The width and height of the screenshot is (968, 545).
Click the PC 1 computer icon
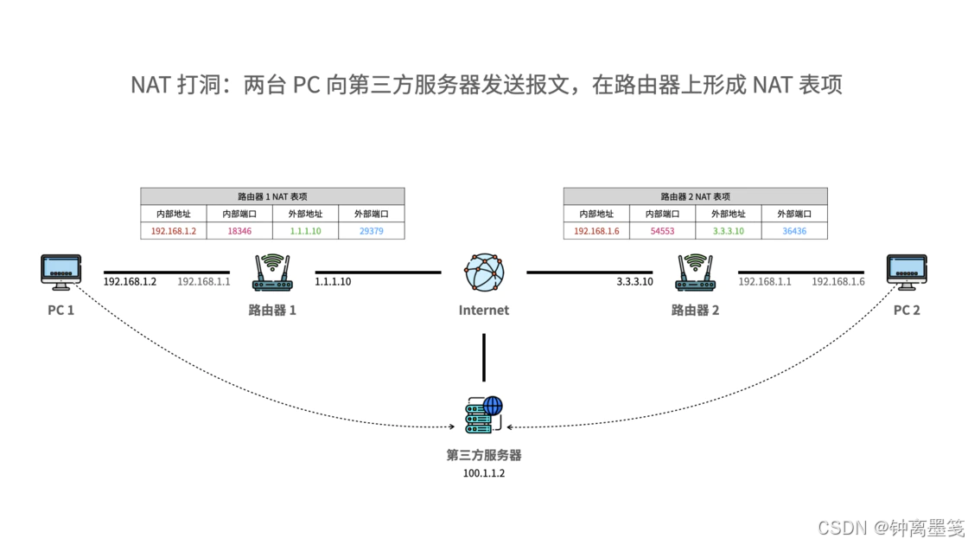tap(61, 272)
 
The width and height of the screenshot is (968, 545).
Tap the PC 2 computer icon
tap(907, 272)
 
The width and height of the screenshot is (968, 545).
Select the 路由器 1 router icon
tap(272, 272)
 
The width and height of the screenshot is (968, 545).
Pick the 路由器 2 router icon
tap(695, 272)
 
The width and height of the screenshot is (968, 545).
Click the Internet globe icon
tap(484, 272)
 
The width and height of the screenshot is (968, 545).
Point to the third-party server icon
tap(484, 414)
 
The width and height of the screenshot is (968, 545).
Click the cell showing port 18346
tap(239, 231)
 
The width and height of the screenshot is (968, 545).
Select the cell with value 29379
tap(372, 231)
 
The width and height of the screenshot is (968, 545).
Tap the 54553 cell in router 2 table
tap(662, 231)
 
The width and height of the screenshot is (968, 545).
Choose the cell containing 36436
tap(794, 231)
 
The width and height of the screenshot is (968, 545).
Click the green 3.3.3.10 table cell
tap(729, 231)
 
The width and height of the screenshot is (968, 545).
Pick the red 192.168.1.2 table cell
tap(174, 231)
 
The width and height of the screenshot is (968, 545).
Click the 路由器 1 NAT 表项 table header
tap(272, 196)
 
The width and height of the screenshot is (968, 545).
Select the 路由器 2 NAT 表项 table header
tap(695, 196)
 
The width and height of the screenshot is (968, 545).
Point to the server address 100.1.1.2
tap(484, 473)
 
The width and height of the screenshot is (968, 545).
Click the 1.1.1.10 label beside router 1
tap(333, 282)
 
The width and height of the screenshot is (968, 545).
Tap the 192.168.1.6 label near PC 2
tap(837, 282)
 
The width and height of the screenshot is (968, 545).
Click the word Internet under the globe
tap(484, 311)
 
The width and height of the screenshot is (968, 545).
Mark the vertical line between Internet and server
tap(484, 358)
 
